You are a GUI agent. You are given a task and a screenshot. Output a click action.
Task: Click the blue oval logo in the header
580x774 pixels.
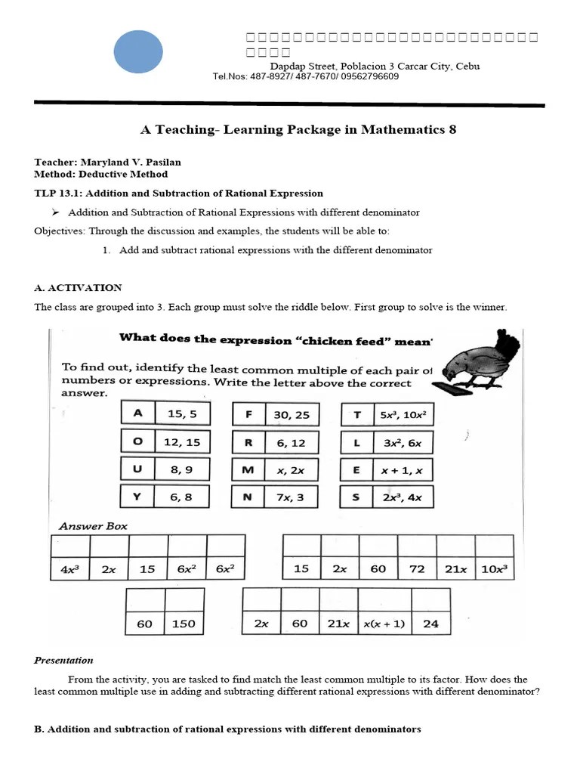(x=138, y=51)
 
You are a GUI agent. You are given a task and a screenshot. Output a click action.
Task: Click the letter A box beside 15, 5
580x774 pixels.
(x=137, y=413)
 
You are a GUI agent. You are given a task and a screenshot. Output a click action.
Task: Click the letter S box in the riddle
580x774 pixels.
(x=356, y=497)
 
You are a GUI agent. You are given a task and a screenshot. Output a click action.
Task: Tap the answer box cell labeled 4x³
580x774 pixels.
(x=70, y=569)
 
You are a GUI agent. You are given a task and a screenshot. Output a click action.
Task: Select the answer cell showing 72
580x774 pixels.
(x=417, y=568)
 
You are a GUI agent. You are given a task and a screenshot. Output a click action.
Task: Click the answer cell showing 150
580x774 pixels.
(x=184, y=624)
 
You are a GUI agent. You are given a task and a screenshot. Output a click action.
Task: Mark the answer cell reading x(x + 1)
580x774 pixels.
(x=384, y=624)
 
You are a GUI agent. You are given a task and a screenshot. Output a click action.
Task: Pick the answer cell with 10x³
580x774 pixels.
(x=494, y=568)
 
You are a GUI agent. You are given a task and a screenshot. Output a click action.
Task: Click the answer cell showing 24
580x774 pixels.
(x=430, y=624)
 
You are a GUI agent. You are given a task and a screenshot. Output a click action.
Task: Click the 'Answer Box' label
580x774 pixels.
(x=93, y=526)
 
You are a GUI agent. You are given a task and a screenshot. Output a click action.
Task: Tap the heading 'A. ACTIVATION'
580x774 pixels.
(x=78, y=288)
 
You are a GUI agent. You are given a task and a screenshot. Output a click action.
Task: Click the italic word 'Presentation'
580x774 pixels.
(x=63, y=660)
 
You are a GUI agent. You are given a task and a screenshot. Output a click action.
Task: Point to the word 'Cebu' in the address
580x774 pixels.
(x=467, y=66)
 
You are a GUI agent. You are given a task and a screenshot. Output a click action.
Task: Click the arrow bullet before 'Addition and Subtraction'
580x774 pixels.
(x=56, y=212)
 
